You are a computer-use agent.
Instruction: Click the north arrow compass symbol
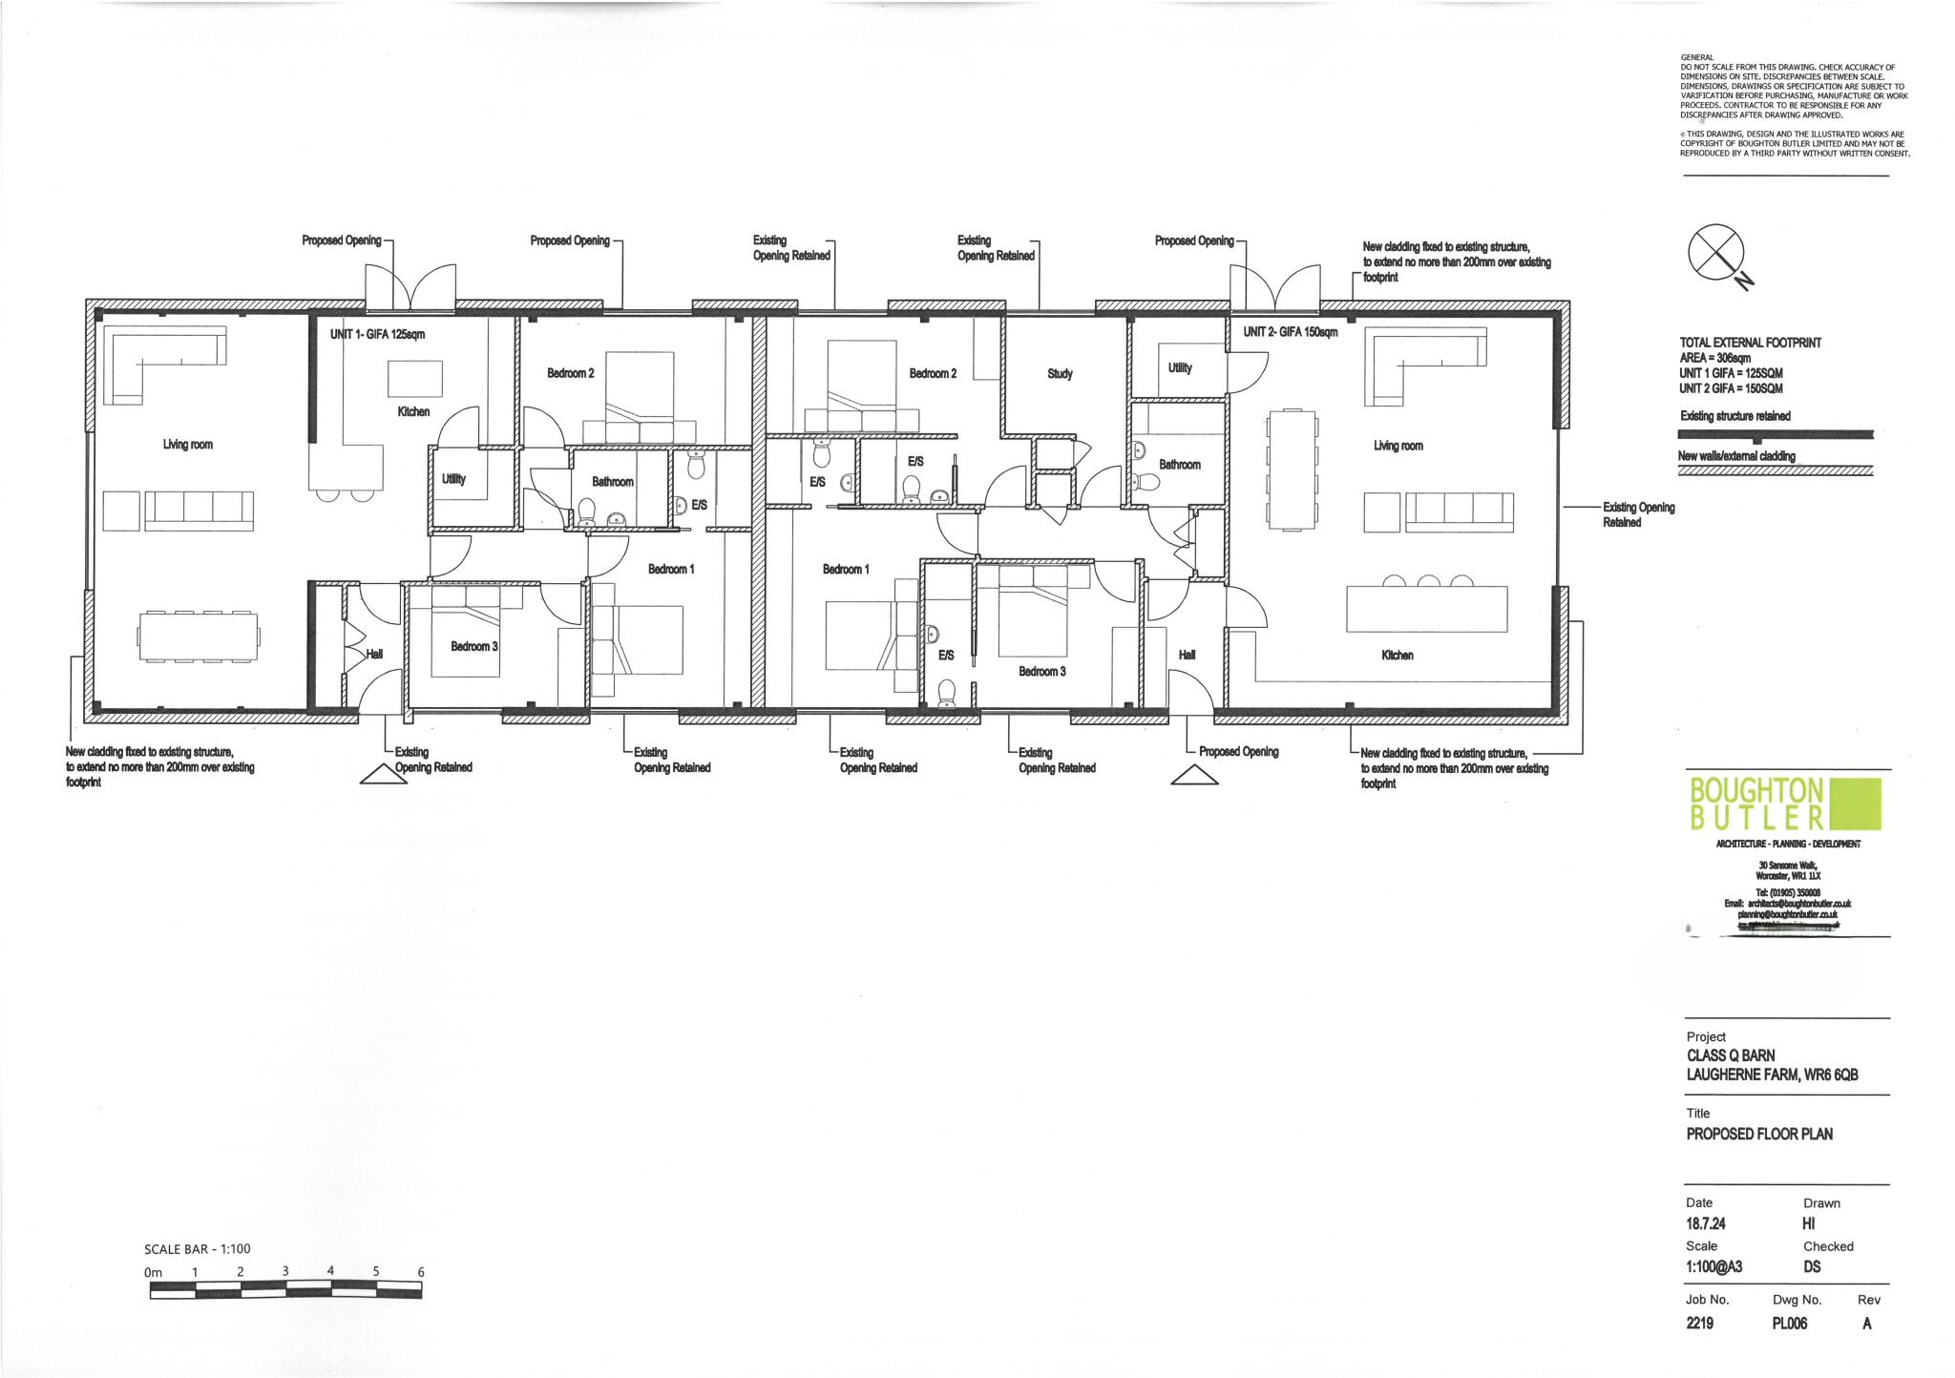[x=1717, y=254]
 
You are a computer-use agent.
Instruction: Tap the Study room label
[x=1060, y=374]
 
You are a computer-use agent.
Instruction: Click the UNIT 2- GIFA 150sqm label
[x=1291, y=332]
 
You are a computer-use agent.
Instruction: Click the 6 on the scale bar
[x=421, y=1272]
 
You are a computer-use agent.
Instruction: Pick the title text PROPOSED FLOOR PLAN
[x=1759, y=1134]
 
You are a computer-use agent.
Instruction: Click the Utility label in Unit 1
[x=453, y=479]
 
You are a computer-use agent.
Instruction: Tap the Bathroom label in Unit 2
[x=1179, y=464]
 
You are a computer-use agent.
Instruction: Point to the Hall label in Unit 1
[x=374, y=654]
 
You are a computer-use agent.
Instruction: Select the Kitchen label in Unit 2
[x=1397, y=656]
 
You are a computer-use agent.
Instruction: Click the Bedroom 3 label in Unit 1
[x=473, y=646]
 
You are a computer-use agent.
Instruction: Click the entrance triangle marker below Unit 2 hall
[x=1194, y=777]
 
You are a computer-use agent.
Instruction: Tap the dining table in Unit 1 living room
[x=199, y=635]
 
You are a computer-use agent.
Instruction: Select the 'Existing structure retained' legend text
[x=1734, y=416]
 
